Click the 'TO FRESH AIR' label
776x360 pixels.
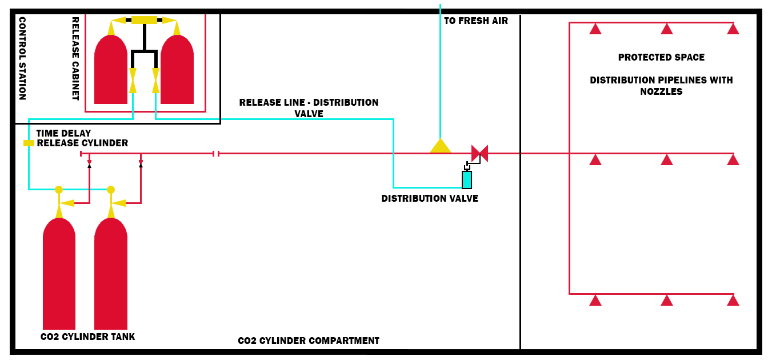[475, 21]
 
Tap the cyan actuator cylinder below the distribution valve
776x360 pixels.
[467, 179]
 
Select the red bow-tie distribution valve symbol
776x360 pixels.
[479, 153]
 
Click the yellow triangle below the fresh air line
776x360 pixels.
[440, 146]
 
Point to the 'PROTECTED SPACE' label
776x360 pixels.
[661, 57]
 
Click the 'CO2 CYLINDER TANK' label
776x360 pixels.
[87, 337]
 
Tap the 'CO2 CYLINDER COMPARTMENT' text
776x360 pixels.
[309, 341]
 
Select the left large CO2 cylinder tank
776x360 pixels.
[59, 274]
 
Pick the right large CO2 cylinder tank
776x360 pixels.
[111, 274]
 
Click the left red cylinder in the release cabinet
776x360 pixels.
[111, 71]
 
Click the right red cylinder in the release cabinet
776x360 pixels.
[177, 71]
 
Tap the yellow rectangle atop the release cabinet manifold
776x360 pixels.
[144, 20]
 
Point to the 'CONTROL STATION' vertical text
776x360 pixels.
[22, 58]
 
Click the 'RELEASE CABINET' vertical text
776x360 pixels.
[75, 58]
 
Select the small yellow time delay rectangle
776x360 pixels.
[29, 143]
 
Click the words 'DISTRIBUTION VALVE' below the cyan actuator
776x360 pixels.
[430, 198]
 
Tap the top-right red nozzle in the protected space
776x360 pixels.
[733, 29]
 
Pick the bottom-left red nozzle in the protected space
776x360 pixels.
[595, 300]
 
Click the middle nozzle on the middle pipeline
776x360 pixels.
[667, 159]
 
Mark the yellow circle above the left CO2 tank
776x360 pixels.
[59, 190]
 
